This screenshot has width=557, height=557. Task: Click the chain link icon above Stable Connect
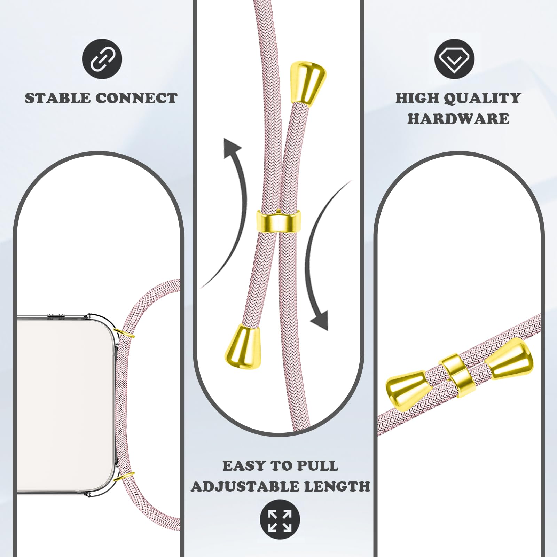point(102,59)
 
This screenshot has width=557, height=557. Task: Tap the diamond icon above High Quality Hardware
point(455,59)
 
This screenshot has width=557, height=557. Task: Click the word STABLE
point(57,98)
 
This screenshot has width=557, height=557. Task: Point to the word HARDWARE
point(458,119)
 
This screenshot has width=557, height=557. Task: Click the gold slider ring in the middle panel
point(278,221)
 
